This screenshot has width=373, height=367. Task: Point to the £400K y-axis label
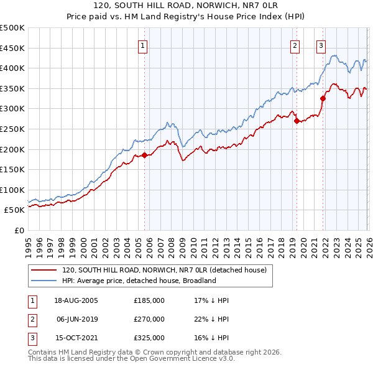(x=12, y=68)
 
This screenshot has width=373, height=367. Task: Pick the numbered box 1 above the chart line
(x=143, y=45)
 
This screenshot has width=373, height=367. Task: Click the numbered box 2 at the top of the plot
(x=294, y=45)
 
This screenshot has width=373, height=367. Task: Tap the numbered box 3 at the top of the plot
(x=321, y=45)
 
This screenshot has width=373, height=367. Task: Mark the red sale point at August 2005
(x=144, y=156)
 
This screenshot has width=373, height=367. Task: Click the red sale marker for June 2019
(x=297, y=121)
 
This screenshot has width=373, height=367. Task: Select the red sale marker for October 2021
(x=323, y=98)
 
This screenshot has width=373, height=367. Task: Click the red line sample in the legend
(x=44, y=270)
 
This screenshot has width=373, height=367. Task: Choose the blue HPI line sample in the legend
(x=44, y=281)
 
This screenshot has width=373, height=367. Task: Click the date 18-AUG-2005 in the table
(x=76, y=300)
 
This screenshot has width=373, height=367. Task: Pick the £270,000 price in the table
(x=149, y=319)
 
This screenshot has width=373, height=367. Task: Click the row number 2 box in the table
(x=32, y=319)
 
